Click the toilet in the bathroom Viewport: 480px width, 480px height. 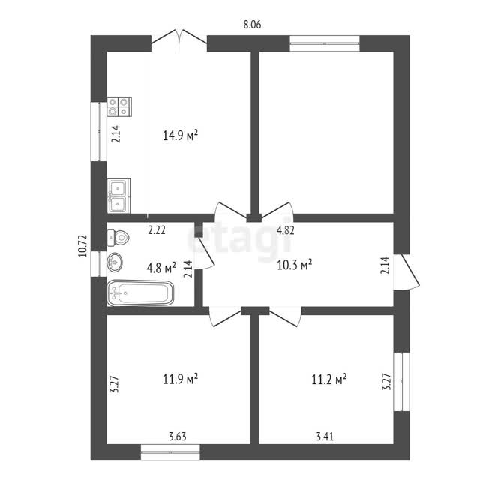tap(118, 237)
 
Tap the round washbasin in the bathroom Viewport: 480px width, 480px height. tap(115, 262)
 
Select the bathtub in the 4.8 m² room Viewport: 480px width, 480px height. tap(140, 292)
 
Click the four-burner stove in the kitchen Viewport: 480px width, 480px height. tap(119, 106)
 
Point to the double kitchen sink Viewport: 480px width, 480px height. tap(118, 196)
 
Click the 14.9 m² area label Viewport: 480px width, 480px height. tap(180, 135)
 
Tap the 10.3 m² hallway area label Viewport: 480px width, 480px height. tap(295, 265)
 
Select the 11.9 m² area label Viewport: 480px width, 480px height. tap(180, 379)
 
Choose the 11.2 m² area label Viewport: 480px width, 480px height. tap(329, 379)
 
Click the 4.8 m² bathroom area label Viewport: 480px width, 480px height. tap(161, 268)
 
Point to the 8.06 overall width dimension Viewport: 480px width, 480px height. tap(252, 25)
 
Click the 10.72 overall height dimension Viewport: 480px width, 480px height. tap(83, 246)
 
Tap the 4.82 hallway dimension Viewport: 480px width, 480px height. tap(286, 230)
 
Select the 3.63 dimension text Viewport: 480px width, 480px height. tap(178, 436)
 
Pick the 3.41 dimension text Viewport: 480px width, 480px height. tap(325, 436)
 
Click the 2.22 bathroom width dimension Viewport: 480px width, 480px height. tap(157, 230)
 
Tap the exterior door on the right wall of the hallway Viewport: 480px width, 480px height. tap(406, 271)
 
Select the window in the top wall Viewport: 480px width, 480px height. tap(325, 43)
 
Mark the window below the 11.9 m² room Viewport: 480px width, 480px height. tap(170, 452)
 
